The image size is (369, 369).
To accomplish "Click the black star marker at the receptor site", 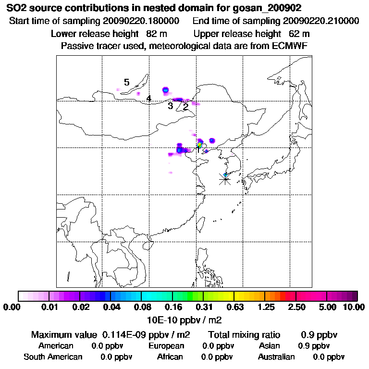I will [x=225, y=179].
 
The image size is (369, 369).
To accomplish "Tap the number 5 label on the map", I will [x=126, y=83].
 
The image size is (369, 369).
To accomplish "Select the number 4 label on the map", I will [x=149, y=98].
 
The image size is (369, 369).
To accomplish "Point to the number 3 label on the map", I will [x=170, y=106].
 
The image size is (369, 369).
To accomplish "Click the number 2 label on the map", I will [x=185, y=107].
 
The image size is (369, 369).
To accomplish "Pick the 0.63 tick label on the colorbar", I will [x=234, y=307].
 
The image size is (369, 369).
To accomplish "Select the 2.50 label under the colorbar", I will [x=296, y=307].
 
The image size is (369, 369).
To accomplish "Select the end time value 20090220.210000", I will [x=321, y=22].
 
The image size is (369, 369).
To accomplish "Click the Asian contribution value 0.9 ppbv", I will [x=314, y=346].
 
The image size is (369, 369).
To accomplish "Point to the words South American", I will [x=53, y=357].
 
